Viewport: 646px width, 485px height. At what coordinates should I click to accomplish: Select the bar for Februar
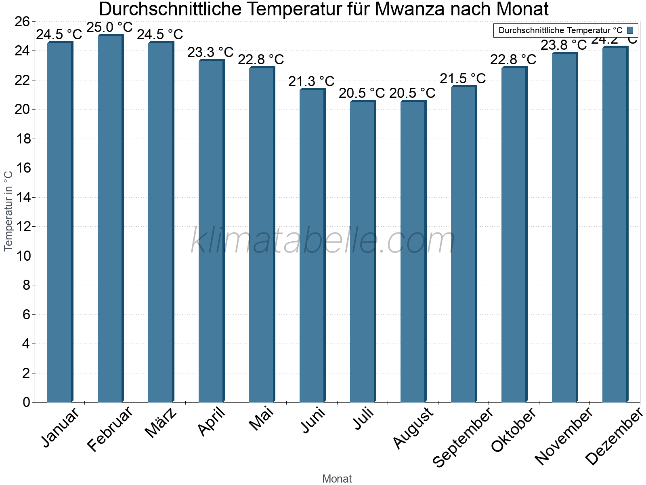coord(110,218)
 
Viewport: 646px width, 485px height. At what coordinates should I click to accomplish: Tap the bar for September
coord(464,244)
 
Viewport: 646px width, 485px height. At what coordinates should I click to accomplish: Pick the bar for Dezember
coord(615,224)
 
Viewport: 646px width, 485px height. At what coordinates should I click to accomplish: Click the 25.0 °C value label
coord(110,27)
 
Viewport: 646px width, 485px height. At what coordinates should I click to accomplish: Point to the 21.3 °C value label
coord(311,81)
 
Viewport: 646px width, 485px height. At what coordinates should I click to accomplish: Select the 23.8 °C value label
coord(564,45)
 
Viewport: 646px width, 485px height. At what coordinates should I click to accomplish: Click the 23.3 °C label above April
coord(210,52)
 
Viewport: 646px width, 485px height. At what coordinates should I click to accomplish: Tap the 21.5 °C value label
coord(463,78)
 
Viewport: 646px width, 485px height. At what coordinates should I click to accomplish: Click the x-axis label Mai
coord(262,419)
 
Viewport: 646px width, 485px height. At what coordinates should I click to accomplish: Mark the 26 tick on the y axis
coord(23,21)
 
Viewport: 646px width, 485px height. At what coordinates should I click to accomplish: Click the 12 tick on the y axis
coord(23,227)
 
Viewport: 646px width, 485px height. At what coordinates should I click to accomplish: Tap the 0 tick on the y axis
coord(27,403)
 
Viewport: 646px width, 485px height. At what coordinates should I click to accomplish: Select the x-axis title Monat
coord(337,479)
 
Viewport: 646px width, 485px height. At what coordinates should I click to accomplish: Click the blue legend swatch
coord(630,30)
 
